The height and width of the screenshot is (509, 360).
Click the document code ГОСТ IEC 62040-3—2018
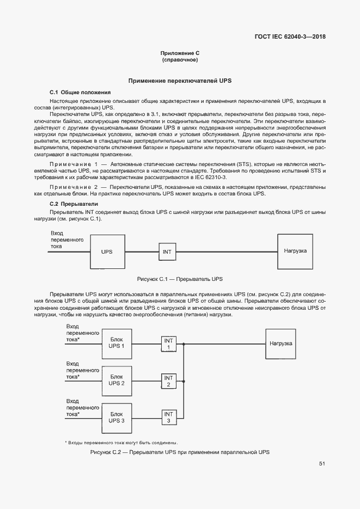click(293, 37)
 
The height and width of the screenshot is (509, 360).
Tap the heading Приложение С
click(180, 53)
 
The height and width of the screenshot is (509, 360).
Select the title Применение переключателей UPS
click(180, 81)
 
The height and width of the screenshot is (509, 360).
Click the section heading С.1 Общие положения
click(80, 93)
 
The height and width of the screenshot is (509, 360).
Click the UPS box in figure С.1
click(107, 252)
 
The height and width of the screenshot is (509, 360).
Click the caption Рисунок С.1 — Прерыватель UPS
click(180, 279)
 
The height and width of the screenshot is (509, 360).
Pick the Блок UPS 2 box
click(117, 380)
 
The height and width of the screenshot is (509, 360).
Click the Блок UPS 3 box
click(117, 417)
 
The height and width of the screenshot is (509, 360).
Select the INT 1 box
click(168, 344)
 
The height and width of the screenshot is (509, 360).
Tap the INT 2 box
click(168, 381)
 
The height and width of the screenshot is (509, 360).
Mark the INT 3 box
click(168, 418)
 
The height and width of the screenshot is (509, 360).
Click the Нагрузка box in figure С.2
click(281, 344)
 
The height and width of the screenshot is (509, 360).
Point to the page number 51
click(322, 464)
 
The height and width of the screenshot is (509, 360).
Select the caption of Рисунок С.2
click(180, 452)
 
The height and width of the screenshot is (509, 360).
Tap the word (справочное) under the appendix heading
click(180, 59)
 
